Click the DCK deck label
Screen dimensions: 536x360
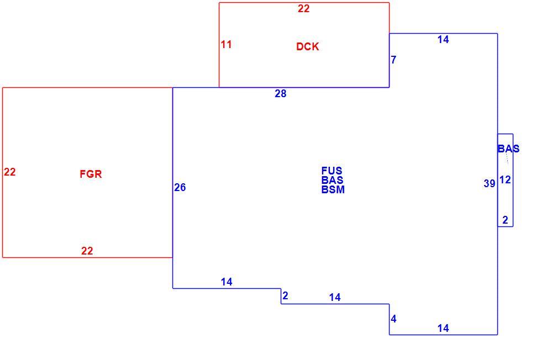(x=308, y=46)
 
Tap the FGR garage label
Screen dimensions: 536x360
(x=91, y=174)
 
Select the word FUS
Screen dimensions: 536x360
(x=332, y=171)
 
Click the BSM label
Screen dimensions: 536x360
(x=333, y=189)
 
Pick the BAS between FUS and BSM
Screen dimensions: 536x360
(x=332, y=180)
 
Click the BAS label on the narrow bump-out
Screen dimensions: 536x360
(x=508, y=149)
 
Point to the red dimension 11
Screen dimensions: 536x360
(x=226, y=44)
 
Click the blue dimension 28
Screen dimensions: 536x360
(x=281, y=93)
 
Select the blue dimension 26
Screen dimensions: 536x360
(x=180, y=188)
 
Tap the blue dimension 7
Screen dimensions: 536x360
(x=393, y=60)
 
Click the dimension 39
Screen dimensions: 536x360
(x=490, y=184)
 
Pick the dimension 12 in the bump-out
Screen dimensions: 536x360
(x=505, y=179)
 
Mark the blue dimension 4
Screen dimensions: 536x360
(x=393, y=319)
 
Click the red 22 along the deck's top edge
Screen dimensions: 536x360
(x=303, y=8)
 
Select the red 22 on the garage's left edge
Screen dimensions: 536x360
(x=10, y=172)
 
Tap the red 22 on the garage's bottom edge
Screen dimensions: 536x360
(x=87, y=251)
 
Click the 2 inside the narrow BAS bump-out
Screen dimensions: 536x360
(x=505, y=220)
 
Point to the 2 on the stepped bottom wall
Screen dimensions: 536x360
(x=286, y=296)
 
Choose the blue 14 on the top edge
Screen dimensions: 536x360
(x=443, y=40)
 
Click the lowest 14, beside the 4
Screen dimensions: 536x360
(x=443, y=328)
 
